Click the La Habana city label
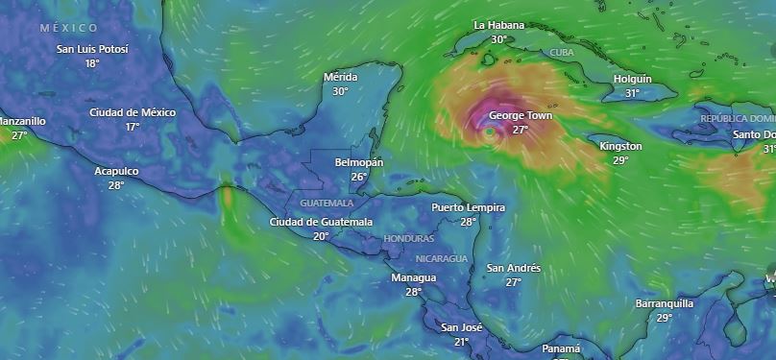tap(498, 24)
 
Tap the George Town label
tap(520, 115)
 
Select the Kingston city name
tap(620, 146)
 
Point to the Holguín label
tap(632, 79)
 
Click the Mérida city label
tap(340, 77)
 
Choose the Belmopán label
tap(358, 162)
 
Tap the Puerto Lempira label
tap(468, 207)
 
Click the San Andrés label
tap(514, 268)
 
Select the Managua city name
tap(414, 278)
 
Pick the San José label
tap(461, 327)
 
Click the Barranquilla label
tap(665, 303)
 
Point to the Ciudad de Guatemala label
tap(321, 222)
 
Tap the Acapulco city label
tap(116, 171)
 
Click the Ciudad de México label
tap(133, 112)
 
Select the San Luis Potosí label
tap(92, 49)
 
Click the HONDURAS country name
tap(408, 238)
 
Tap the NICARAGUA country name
tap(442, 259)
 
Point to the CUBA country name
tap(563, 52)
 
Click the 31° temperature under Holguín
tap(632, 93)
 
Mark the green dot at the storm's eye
tap(490, 131)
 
